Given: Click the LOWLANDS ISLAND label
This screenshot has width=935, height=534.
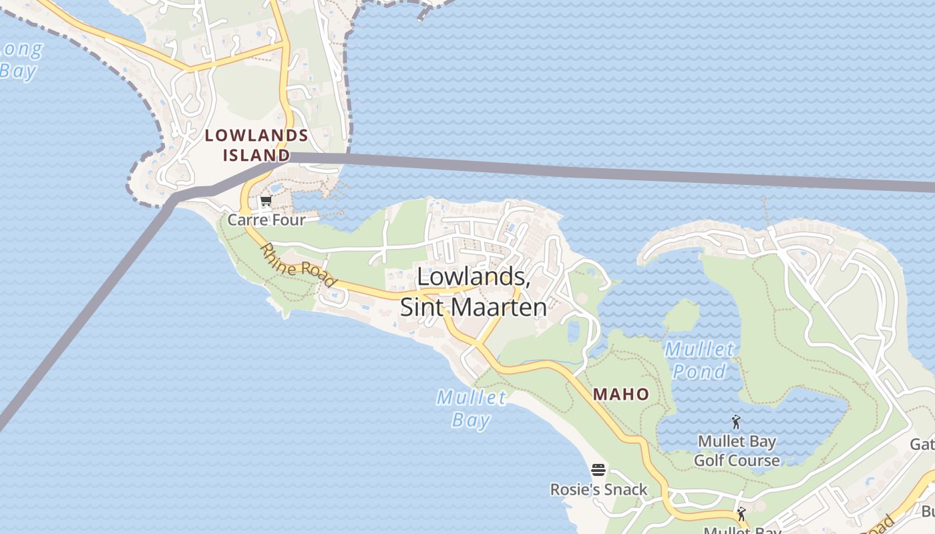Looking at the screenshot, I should (256, 146).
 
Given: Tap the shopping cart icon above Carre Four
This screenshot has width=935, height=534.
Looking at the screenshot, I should (266, 201).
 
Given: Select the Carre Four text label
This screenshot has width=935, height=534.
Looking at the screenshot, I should (266, 220).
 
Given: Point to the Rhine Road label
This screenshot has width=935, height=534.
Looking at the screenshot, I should (297, 264).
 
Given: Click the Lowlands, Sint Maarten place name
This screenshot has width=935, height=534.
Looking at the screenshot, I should (474, 292).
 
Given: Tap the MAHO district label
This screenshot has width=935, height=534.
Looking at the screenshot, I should (621, 394).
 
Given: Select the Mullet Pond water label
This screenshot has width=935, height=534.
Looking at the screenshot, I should (699, 360).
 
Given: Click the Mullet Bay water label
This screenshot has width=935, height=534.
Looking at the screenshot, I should (472, 409).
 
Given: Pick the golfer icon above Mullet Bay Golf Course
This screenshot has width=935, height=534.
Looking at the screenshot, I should (736, 422).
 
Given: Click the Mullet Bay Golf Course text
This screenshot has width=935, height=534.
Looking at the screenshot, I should (737, 451).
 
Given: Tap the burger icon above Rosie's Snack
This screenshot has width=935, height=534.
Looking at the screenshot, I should (598, 470).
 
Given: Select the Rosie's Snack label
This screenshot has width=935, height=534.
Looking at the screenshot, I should (598, 489).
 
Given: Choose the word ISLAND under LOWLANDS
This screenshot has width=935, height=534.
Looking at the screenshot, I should (256, 156).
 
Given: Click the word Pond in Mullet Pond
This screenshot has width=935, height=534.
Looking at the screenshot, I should (699, 371).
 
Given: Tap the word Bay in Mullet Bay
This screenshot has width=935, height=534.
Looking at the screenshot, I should (472, 420).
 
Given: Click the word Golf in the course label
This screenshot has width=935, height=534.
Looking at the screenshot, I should (709, 461).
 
